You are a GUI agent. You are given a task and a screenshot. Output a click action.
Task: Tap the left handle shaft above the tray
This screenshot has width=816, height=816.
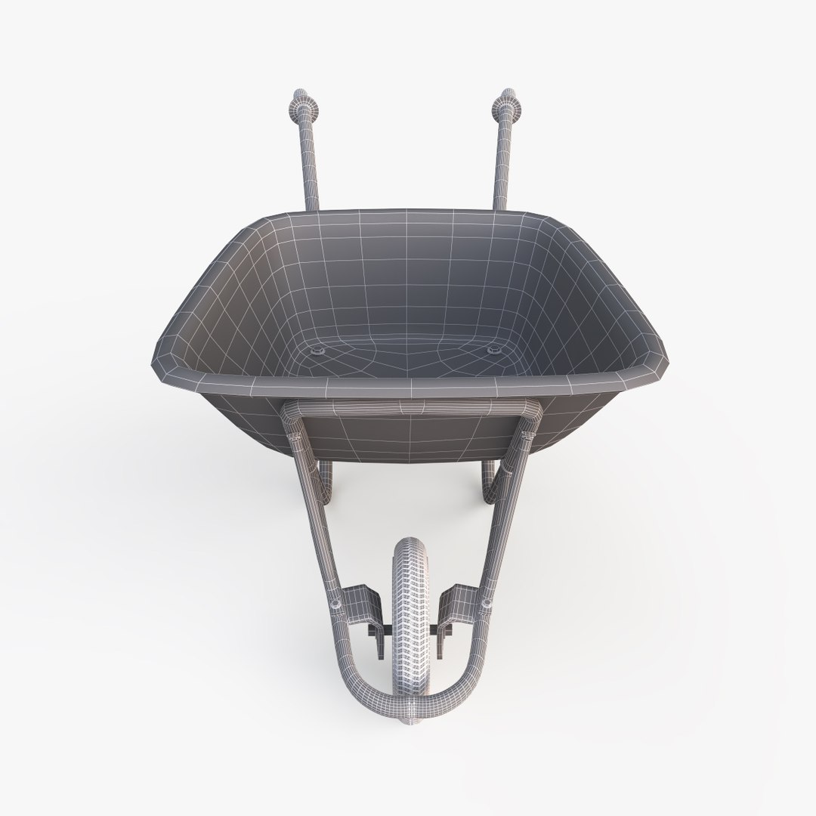(310, 166)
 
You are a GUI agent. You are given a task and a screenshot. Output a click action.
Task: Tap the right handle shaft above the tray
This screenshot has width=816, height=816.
(501, 166)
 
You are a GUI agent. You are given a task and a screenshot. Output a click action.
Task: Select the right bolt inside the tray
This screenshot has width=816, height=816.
(494, 350)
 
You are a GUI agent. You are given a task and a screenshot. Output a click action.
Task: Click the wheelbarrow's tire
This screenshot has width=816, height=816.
(408, 597)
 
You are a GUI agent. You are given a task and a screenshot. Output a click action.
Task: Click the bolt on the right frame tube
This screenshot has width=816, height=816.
(484, 602)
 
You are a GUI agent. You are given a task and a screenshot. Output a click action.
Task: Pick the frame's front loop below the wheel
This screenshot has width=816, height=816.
(408, 706)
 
